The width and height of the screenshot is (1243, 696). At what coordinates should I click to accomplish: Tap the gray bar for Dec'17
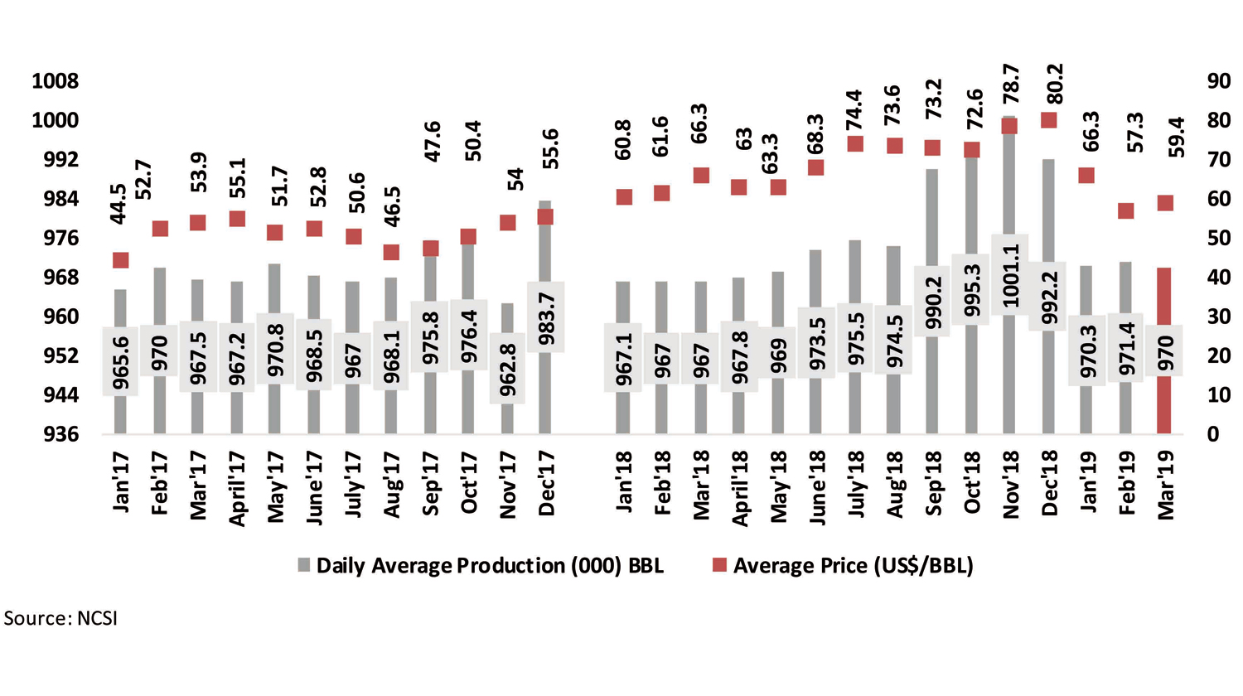(544, 389)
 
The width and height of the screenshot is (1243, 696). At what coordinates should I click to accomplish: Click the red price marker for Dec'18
(1048, 120)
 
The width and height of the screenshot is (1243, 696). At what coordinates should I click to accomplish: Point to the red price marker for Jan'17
(120, 260)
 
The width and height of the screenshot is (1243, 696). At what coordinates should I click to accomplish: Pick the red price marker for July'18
(854, 144)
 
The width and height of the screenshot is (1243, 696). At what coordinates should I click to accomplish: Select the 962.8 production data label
(507, 369)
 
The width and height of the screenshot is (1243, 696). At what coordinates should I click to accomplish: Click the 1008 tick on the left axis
(55, 81)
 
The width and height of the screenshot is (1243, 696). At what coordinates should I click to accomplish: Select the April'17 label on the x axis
(237, 489)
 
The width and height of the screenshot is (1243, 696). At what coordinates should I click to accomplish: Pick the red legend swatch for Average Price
(719, 565)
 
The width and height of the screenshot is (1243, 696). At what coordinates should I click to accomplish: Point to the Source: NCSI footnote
(60, 619)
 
